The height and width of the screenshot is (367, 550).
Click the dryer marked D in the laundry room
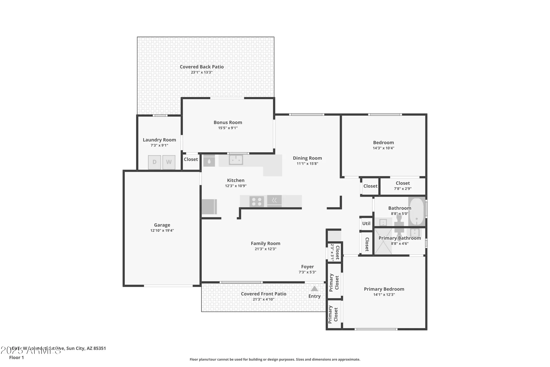point(154,162)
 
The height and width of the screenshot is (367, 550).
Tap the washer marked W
point(169,162)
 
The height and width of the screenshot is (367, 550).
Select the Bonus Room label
point(228,123)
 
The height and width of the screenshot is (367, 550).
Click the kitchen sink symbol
point(236,160)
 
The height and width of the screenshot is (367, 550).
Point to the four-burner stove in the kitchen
point(257,202)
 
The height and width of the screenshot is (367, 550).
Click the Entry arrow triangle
point(314,289)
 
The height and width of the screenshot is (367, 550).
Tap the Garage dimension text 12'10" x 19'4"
point(162,230)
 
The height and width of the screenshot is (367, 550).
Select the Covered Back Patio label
point(202,67)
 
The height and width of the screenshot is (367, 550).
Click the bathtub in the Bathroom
point(417,211)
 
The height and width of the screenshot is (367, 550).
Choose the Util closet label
point(366,224)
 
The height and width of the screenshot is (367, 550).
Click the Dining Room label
point(307,158)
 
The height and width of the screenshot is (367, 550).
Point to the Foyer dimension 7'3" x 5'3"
point(307,272)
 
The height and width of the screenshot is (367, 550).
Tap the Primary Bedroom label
point(384,289)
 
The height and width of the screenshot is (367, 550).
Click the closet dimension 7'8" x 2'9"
point(403,189)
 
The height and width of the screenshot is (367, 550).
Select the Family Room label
point(265,243)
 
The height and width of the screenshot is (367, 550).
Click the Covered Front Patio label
point(263,294)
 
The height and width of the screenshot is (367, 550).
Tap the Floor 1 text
point(16,357)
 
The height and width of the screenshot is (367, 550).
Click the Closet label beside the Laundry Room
point(191,159)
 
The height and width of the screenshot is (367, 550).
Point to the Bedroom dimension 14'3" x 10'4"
point(383,148)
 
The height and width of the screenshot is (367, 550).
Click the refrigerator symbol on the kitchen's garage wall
point(209,206)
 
